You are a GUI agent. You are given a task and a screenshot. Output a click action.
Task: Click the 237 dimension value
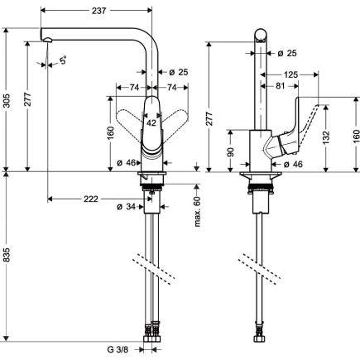(98, 9)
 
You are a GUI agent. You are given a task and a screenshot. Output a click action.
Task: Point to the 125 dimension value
(290, 74)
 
